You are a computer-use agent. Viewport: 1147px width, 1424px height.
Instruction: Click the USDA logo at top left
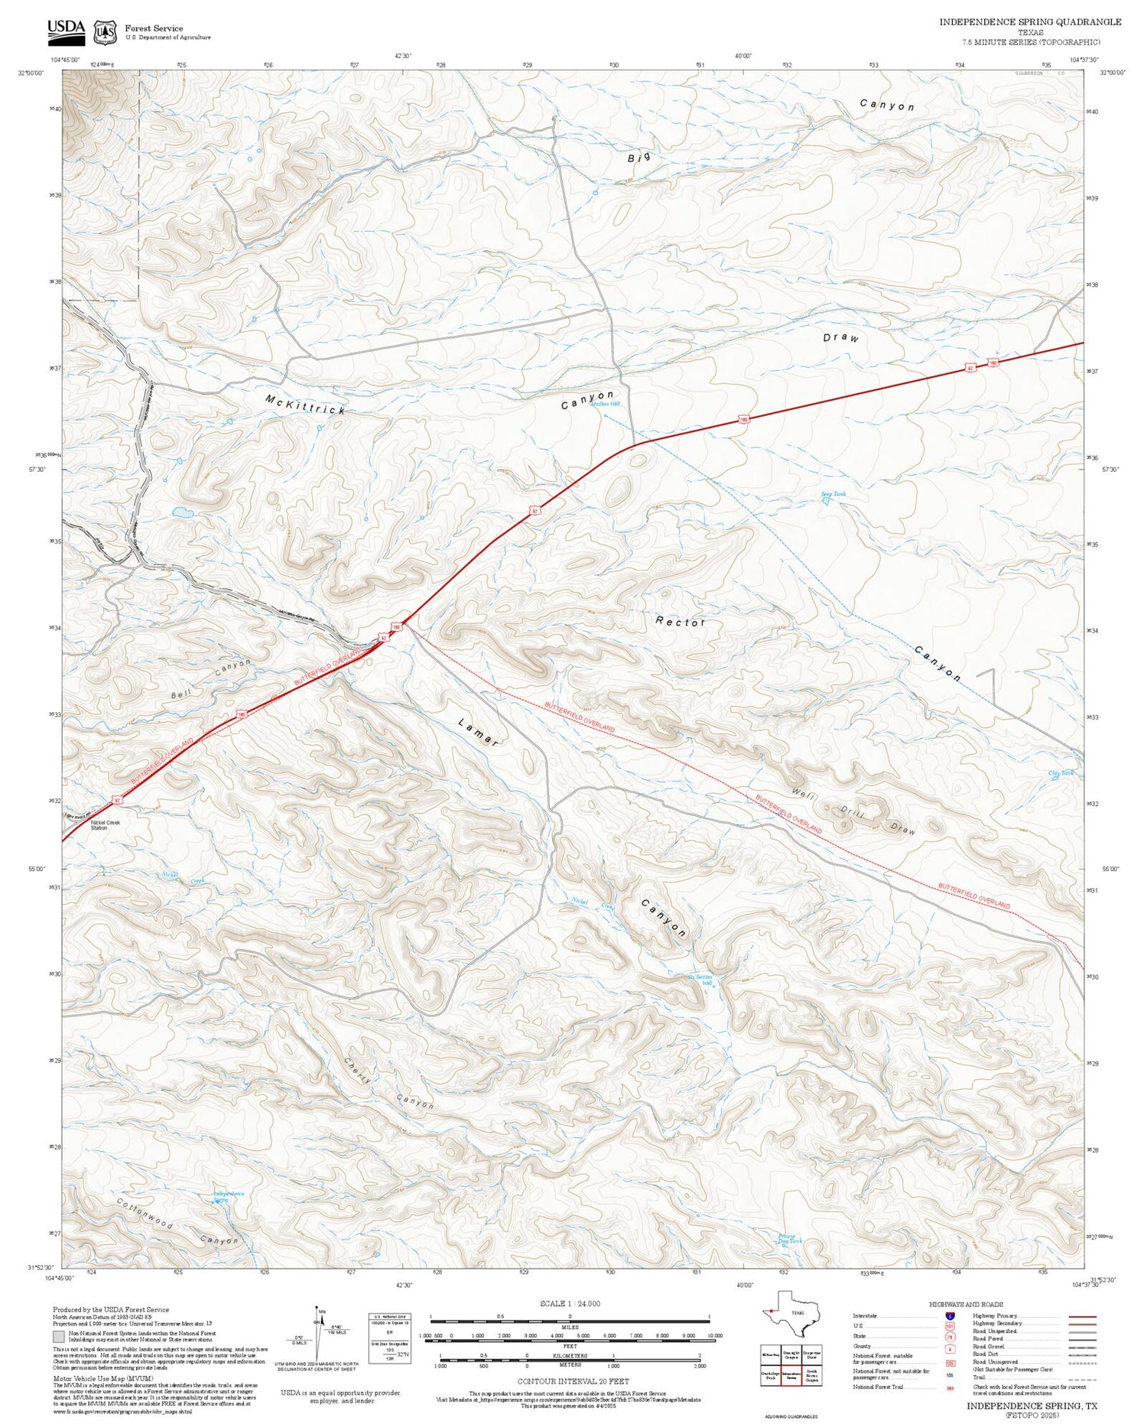tap(66, 29)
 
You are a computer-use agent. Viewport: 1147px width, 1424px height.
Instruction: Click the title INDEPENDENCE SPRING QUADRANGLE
tap(1030, 22)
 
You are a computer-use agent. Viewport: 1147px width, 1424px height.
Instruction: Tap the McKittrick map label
tap(305, 405)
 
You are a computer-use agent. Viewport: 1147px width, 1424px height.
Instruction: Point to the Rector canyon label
tap(680, 623)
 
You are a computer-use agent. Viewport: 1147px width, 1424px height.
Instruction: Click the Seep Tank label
tap(833, 495)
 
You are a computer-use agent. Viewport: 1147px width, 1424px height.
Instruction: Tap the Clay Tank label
tap(1061, 773)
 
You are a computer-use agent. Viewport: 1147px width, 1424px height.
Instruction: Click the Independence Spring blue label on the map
tap(228, 1196)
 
